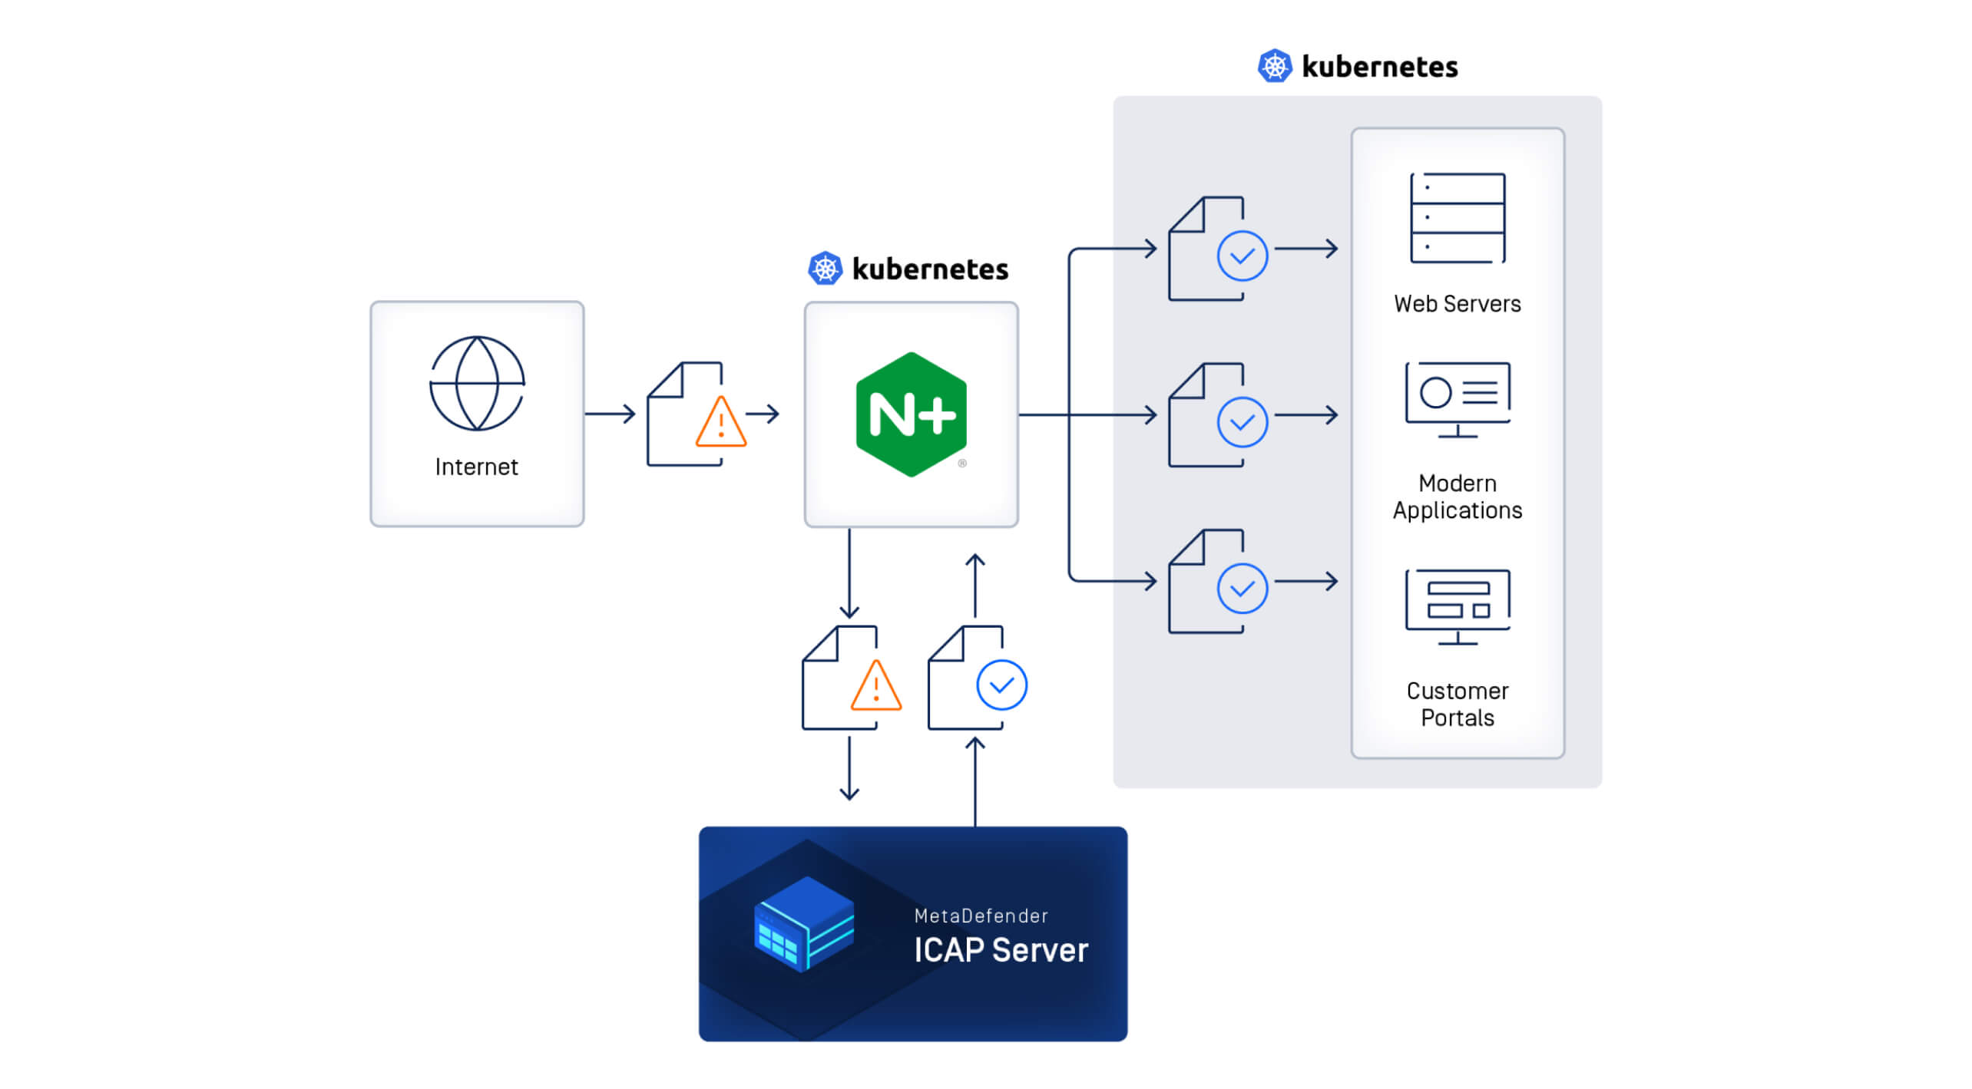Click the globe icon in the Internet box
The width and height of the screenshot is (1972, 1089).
pos(476,383)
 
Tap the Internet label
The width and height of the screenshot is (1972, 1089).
pos(476,467)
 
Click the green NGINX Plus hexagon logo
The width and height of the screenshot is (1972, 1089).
pos(911,414)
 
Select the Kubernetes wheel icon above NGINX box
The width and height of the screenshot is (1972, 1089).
pos(825,269)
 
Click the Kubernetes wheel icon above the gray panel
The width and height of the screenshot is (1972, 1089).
pos(1274,66)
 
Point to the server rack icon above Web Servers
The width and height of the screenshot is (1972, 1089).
pos(1457,218)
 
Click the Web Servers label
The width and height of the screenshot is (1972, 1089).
pos(1457,304)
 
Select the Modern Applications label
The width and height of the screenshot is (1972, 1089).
pos(1457,497)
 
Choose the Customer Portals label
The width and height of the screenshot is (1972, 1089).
pos(1457,704)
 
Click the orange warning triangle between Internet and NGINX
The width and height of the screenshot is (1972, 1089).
pos(720,424)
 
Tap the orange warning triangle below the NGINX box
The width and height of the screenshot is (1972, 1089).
pos(875,687)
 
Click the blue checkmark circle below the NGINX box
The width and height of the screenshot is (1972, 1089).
pos(1001,685)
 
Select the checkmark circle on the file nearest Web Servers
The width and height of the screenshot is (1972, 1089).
pos(1242,256)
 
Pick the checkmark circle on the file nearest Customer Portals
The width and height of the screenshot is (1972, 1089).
pos(1242,589)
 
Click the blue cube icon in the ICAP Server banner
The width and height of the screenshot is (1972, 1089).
pos(804,924)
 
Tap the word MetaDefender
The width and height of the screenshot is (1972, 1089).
pos(981,916)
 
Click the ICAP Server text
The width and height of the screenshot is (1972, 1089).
pos(1000,950)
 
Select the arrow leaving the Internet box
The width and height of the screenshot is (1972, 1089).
pos(610,414)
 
